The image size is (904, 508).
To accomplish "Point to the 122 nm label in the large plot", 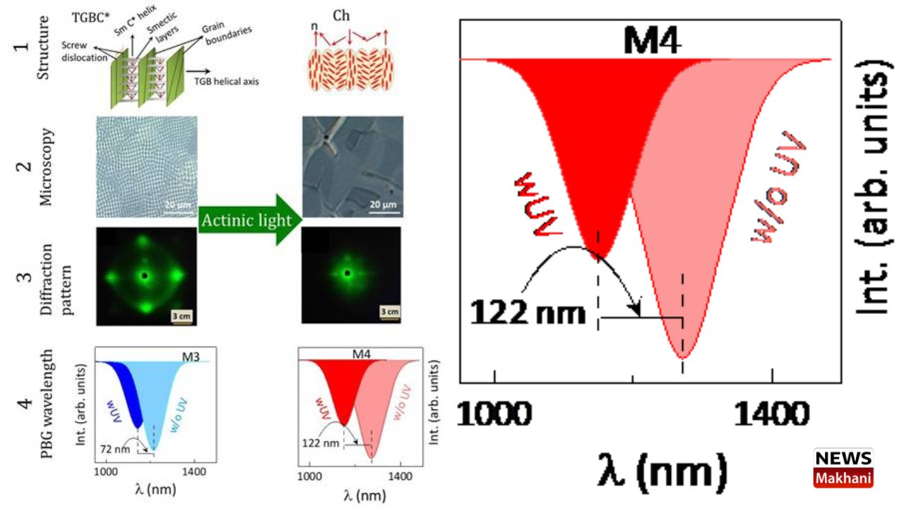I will point(528,312).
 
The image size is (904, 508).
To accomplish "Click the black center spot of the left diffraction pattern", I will point(145,276).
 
